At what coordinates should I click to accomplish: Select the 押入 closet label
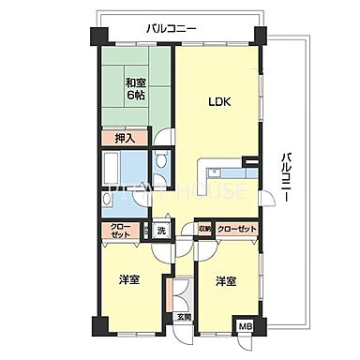tap(125, 139)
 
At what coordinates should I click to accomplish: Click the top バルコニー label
tap(172, 29)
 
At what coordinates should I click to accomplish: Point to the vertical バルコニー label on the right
tap(284, 172)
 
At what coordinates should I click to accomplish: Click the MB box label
tap(247, 325)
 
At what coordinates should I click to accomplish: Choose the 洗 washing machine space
tap(161, 230)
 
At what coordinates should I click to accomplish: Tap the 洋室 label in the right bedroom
tap(225, 280)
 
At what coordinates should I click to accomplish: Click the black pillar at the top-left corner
tap(97, 39)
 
